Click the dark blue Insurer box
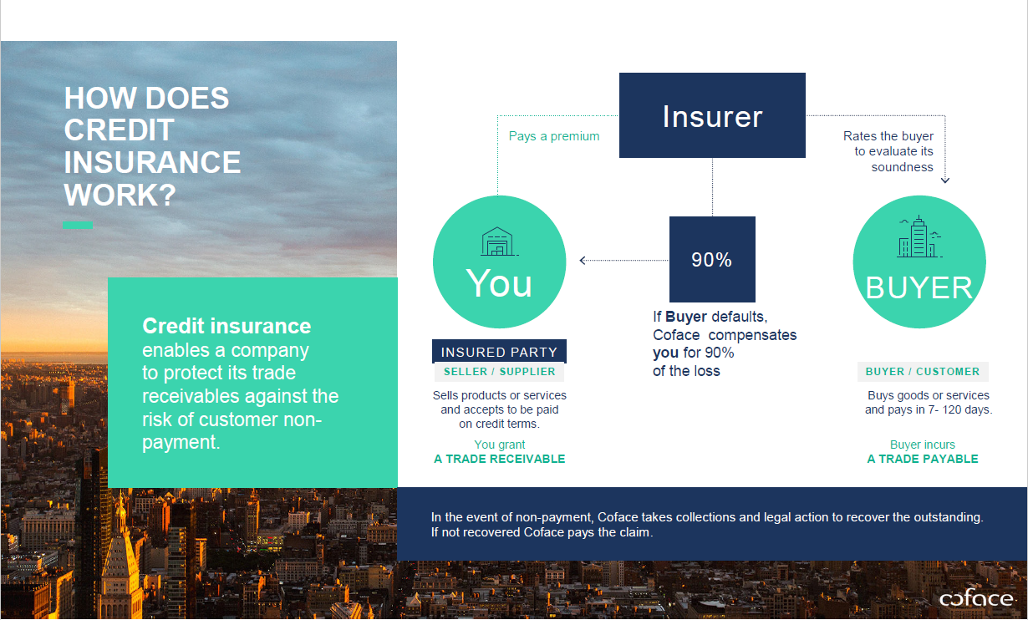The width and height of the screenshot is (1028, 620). (x=712, y=115)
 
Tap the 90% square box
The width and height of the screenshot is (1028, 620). (x=712, y=259)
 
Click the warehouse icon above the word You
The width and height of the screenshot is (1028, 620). (x=499, y=241)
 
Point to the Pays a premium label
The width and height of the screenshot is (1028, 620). (x=554, y=136)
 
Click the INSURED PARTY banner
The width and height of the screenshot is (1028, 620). (x=499, y=352)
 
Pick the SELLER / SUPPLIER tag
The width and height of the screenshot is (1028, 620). (x=499, y=372)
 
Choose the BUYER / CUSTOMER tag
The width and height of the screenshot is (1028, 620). (x=923, y=372)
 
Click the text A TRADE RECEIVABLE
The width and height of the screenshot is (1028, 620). (x=499, y=459)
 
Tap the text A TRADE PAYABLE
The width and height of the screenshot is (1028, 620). (x=923, y=459)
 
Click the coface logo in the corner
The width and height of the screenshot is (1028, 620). (x=976, y=598)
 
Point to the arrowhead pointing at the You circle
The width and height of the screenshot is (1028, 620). (x=583, y=261)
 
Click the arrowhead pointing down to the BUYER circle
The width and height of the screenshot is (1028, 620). (x=945, y=180)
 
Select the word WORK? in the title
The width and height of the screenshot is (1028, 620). (x=120, y=195)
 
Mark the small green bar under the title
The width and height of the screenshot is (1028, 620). (x=78, y=225)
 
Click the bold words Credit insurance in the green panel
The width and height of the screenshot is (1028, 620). (x=226, y=326)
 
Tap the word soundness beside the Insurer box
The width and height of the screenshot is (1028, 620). (x=902, y=167)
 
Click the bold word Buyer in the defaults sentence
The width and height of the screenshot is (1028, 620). (x=686, y=317)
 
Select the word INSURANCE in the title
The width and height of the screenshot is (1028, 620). (x=152, y=162)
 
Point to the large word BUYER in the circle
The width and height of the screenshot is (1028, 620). (x=919, y=288)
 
